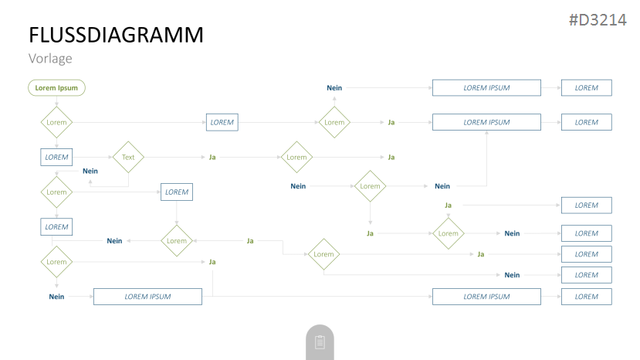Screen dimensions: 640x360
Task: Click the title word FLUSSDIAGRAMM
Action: tap(116, 35)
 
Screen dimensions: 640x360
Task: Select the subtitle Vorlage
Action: tap(50, 59)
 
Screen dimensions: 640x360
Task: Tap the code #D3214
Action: tap(598, 19)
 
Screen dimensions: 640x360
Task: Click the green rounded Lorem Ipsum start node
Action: tap(56, 88)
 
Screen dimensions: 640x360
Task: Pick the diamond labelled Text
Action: tap(128, 158)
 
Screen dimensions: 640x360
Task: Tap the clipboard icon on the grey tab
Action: tap(320, 342)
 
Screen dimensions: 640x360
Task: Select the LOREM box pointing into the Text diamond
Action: tap(56, 158)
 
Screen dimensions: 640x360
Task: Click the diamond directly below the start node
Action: tap(56, 122)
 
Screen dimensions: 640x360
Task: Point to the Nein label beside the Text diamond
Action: tap(90, 172)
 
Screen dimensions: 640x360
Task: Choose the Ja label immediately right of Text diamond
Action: tap(212, 158)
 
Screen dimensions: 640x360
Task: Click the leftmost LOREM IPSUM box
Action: tap(147, 297)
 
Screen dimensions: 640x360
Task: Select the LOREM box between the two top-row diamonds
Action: tap(222, 122)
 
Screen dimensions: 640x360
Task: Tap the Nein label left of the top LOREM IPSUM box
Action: tap(334, 88)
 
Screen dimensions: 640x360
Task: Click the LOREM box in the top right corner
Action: tap(587, 88)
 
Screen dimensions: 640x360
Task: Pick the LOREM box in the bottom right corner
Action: tap(587, 297)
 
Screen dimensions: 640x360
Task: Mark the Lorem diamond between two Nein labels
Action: tap(371, 186)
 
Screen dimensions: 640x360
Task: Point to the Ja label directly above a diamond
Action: tap(449, 205)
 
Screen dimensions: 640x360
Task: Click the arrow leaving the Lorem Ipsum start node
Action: tap(56, 101)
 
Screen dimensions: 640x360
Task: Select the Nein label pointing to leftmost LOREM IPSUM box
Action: tap(56, 297)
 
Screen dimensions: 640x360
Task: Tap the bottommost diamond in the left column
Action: tap(56, 262)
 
